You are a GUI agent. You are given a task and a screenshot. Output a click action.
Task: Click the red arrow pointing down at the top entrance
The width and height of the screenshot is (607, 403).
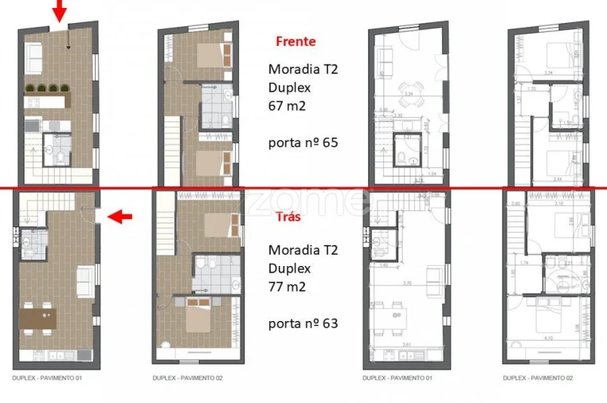pos(59,11)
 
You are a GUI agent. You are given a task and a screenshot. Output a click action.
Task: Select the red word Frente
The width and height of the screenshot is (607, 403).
pos(296,41)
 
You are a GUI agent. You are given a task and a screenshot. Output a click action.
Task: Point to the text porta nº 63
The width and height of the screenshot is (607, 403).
pos(303,323)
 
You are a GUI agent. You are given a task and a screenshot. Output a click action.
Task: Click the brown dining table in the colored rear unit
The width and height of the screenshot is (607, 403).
pos(38,317)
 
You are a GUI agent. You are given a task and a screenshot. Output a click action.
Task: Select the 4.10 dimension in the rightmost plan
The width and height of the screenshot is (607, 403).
pos(550,338)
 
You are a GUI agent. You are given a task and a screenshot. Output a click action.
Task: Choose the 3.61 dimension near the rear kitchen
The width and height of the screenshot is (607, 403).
pos(407,344)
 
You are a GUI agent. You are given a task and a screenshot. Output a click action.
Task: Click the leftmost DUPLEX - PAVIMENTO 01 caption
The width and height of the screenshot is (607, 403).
pos(47,378)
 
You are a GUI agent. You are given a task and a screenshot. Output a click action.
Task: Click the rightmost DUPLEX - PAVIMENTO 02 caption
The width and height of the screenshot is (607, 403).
pos(538,378)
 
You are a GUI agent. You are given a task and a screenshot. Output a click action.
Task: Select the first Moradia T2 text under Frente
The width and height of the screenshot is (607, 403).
pos(303,69)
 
